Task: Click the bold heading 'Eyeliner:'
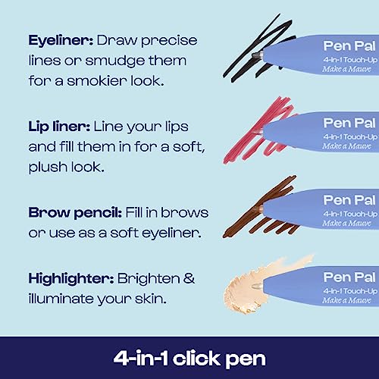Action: (x=61, y=41)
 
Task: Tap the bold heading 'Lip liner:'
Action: (x=59, y=127)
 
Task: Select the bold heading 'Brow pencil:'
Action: (x=75, y=213)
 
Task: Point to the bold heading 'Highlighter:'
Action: (x=71, y=280)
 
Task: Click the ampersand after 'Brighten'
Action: (x=189, y=278)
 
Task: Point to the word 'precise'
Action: (x=169, y=41)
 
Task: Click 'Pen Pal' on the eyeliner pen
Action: (x=349, y=46)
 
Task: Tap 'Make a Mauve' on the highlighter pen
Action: (x=346, y=300)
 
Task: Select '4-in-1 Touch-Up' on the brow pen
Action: (x=350, y=214)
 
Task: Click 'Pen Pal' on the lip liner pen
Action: (x=349, y=124)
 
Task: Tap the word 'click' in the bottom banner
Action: (x=196, y=359)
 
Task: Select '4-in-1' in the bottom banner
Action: (x=141, y=359)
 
